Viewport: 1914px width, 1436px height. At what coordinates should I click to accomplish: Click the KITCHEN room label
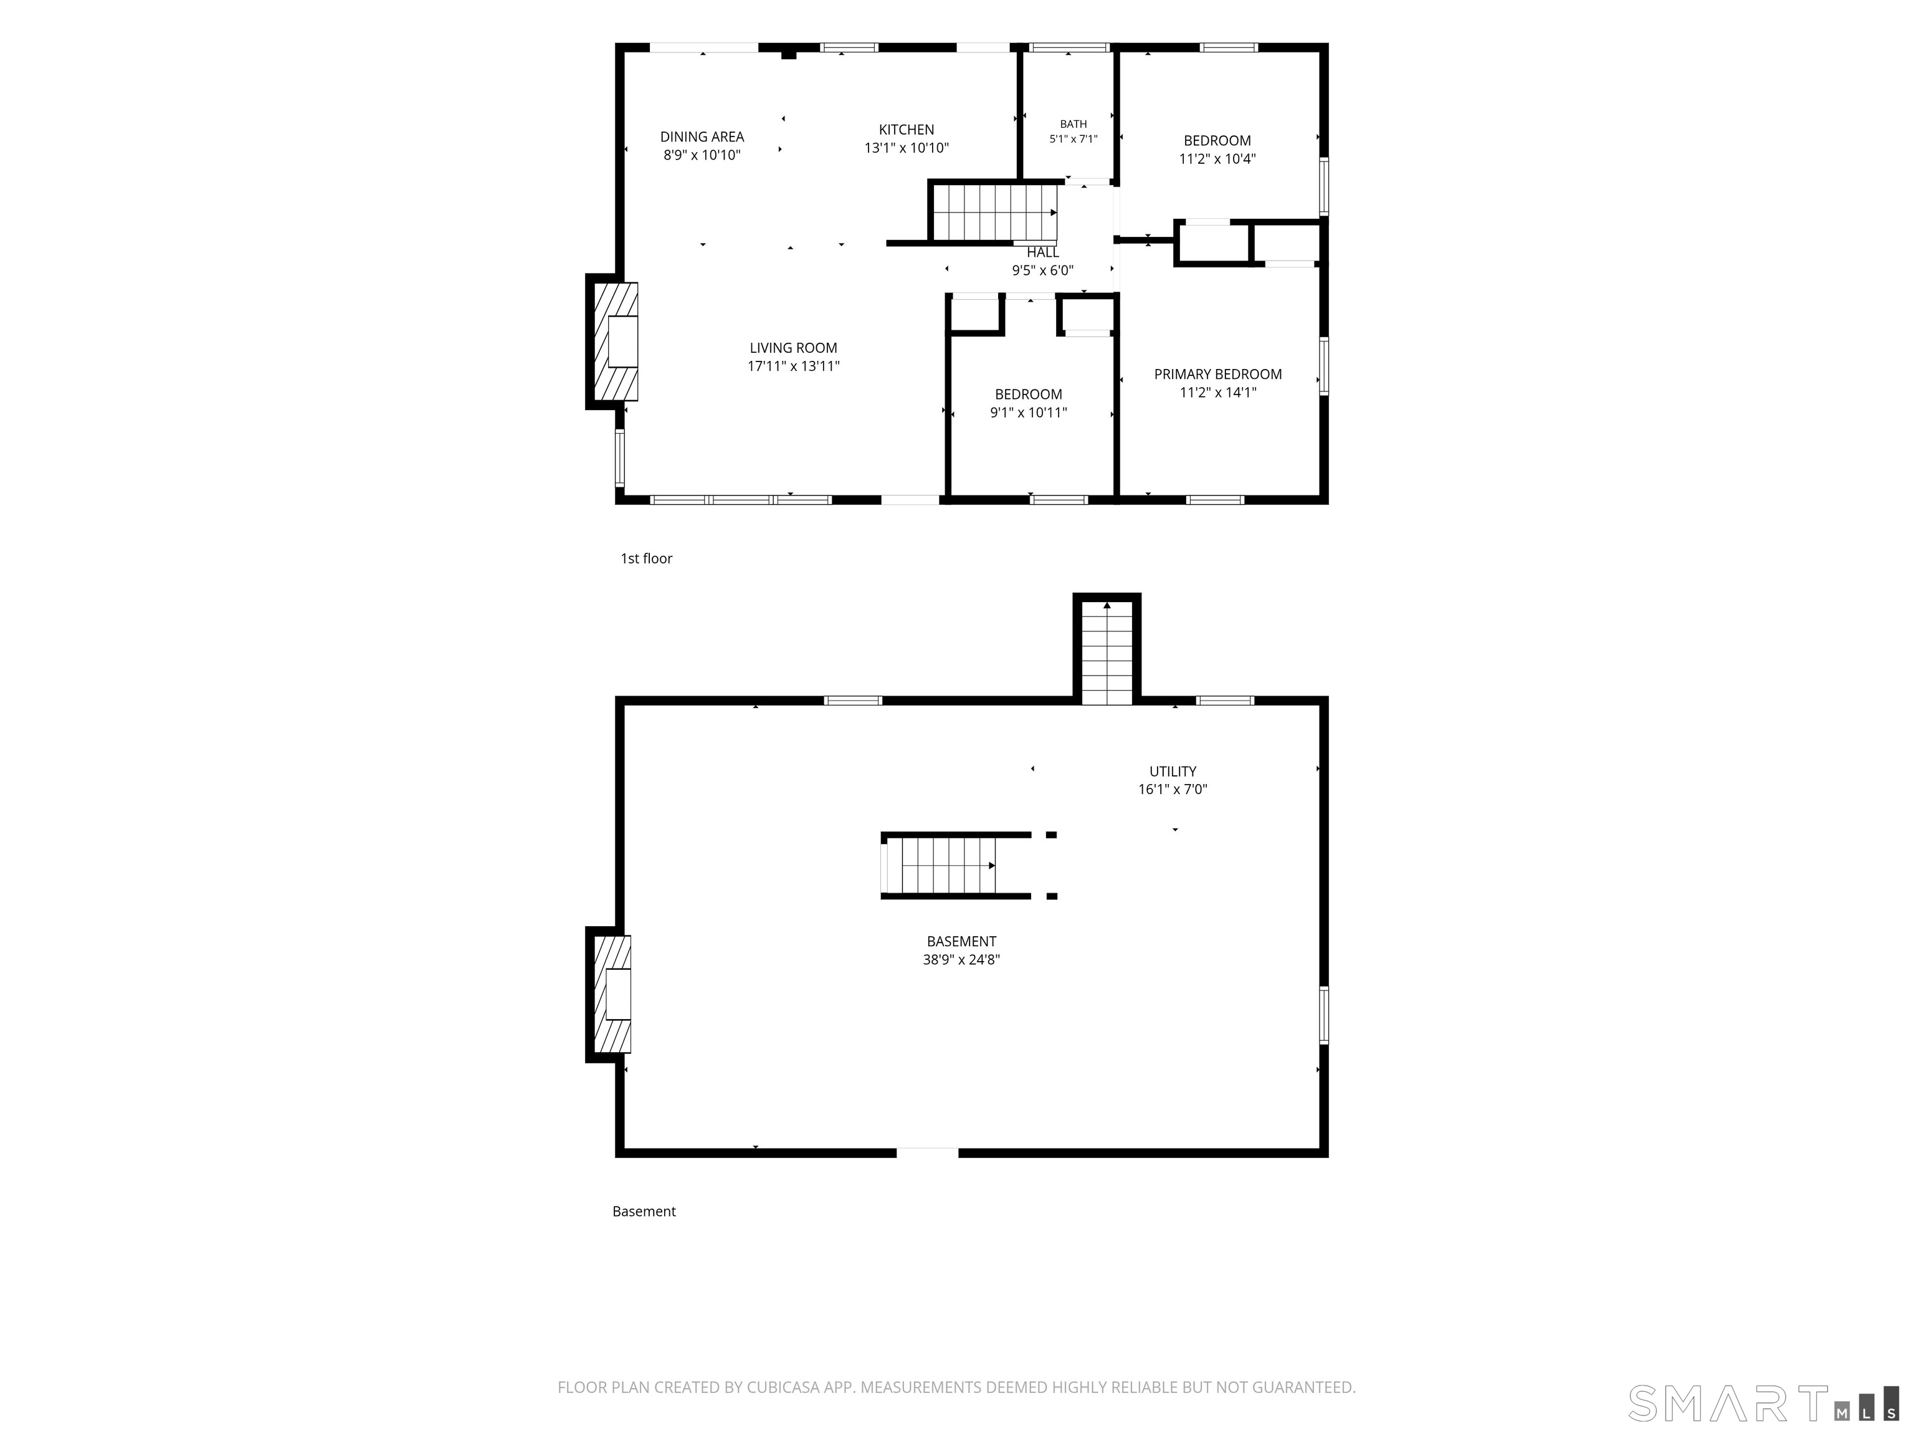click(x=906, y=130)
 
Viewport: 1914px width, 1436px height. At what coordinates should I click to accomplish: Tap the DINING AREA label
click(x=702, y=136)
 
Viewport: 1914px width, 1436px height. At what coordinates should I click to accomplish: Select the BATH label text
click(x=1073, y=124)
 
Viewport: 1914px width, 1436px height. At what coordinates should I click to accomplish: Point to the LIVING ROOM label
click(x=794, y=348)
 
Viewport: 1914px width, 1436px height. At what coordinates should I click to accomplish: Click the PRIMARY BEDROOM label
click(x=1217, y=374)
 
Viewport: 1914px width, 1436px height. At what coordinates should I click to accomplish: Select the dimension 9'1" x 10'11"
click(x=1028, y=412)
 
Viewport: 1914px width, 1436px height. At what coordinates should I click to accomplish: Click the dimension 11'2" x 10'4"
click(x=1217, y=158)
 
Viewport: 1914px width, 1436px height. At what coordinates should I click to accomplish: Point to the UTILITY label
click(x=1173, y=771)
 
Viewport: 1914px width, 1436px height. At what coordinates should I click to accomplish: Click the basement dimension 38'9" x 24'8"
click(x=961, y=959)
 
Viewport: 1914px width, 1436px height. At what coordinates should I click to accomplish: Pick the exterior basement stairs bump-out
click(x=1107, y=649)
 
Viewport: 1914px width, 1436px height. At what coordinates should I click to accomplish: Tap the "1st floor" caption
click(x=646, y=558)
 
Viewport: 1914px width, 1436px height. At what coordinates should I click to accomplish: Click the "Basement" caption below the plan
click(x=644, y=1211)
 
